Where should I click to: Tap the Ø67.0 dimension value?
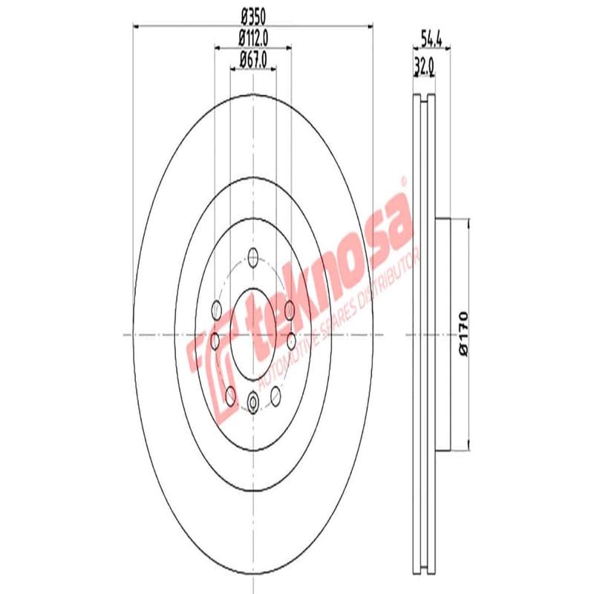pos(252,57)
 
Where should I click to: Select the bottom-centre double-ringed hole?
pos(252,403)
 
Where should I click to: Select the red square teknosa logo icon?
pos(212,364)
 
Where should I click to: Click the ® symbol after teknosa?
pos(404,180)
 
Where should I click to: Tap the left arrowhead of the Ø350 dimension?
pos(136,26)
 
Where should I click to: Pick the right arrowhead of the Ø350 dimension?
pos(369,26)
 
